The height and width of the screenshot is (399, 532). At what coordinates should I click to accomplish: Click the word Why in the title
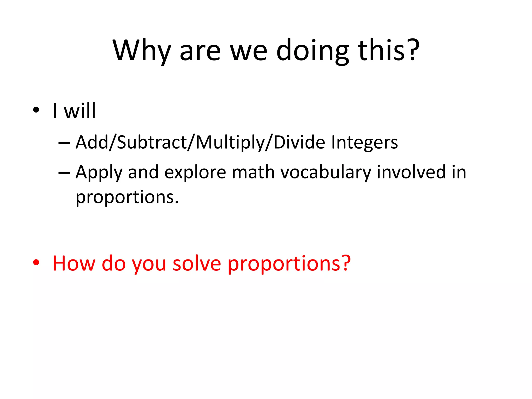(x=142, y=51)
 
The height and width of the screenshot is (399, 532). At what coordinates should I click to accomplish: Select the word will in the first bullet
(x=80, y=111)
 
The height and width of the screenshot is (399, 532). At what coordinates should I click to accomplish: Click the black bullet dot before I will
(x=36, y=110)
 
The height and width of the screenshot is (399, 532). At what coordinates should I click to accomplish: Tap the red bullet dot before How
(x=36, y=263)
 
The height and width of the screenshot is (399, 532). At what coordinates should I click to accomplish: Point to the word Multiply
(x=230, y=143)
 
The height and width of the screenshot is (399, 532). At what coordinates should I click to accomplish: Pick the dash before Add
(x=64, y=143)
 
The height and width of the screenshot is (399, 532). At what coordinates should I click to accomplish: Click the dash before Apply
(x=64, y=173)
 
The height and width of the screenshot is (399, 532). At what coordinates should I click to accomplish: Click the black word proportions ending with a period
(x=127, y=197)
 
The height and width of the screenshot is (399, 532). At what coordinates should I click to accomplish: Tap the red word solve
(x=197, y=263)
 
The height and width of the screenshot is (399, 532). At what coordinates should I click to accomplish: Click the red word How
(x=74, y=263)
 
